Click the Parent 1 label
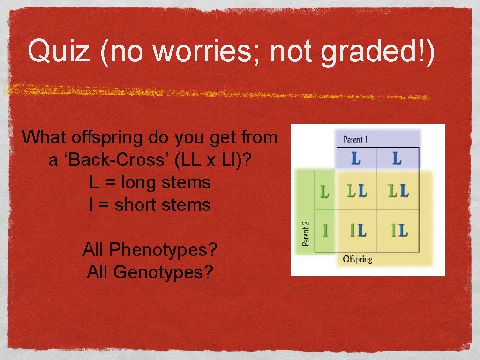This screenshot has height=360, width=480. click(x=356, y=140)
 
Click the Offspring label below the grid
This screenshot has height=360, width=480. click(x=357, y=259)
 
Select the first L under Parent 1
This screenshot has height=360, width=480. click(x=356, y=158)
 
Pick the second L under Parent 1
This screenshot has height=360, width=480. click(x=397, y=158)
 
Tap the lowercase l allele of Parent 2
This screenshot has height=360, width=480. click(x=325, y=230)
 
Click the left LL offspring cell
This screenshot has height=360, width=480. click(x=357, y=191)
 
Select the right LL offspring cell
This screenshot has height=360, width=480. click(x=398, y=191)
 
